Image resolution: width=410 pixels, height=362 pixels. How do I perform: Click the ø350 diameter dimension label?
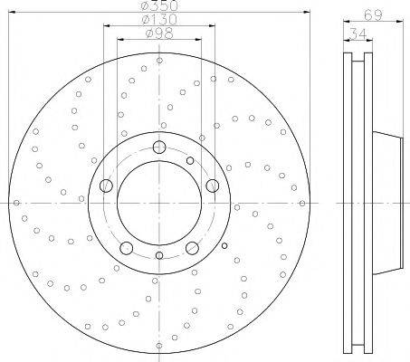[x=159, y=5]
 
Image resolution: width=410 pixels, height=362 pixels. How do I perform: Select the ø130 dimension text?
[x=159, y=20]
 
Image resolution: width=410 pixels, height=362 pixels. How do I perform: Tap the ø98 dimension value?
[x=159, y=33]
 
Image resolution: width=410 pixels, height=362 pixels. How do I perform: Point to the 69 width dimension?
[x=373, y=15]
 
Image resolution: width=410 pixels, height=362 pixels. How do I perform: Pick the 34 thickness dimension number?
[x=358, y=33]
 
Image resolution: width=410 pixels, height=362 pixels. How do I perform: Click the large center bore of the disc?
[x=159, y=203]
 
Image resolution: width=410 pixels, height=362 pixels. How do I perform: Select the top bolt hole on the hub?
[x=159, y=148]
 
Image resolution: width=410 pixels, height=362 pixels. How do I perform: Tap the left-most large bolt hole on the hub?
[x=106, y=186]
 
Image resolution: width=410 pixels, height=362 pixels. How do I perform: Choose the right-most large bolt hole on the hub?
[x=213, y=186]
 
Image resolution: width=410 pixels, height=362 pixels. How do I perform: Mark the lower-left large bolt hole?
[x=127, y=248]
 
